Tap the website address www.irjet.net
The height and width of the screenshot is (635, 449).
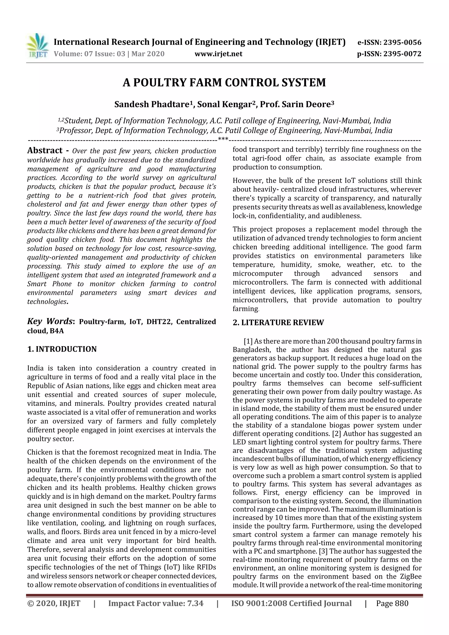[x=218, y=54]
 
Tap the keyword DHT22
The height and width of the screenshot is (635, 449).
[x=158, y=322]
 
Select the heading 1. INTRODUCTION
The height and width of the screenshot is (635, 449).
[x=62, y=349]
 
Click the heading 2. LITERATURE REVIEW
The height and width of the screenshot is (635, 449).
[x=278, y=322]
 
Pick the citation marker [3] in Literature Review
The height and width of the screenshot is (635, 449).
[x=323, y=551]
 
